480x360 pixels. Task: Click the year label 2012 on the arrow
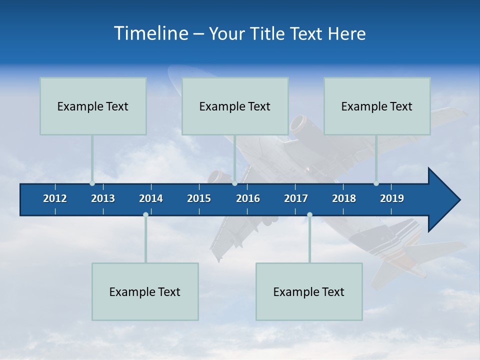click(x=55, y=198)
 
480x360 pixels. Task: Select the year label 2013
click(x=103, y=198)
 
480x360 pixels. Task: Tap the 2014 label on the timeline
click(x=151, y=198)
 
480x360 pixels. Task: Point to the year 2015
click(x=199, y=198)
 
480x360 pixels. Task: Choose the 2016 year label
click(x=248, y=198)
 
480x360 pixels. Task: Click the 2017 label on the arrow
click(x=296, y=198)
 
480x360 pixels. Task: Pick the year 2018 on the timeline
click(x=344, y=198)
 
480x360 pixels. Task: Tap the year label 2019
click(x=392, y=198)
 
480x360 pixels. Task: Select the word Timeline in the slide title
click(x=150, y=33)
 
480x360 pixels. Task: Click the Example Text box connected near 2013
click(x=93, y=106)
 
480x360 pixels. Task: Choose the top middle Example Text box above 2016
click(x=235, y=106)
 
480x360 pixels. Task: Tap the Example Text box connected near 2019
click(x=377, y=106)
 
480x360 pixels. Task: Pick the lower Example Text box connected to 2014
click(x=145, y=291)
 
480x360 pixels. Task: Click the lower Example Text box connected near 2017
click(x=309, y=291)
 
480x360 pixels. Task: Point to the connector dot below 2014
click(x=145, y=214)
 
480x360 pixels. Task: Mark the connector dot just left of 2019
click(x=376, y=183)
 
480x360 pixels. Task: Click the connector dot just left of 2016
click(x=234, y=183)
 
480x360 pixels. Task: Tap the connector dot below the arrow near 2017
click(x=309, y=214)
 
